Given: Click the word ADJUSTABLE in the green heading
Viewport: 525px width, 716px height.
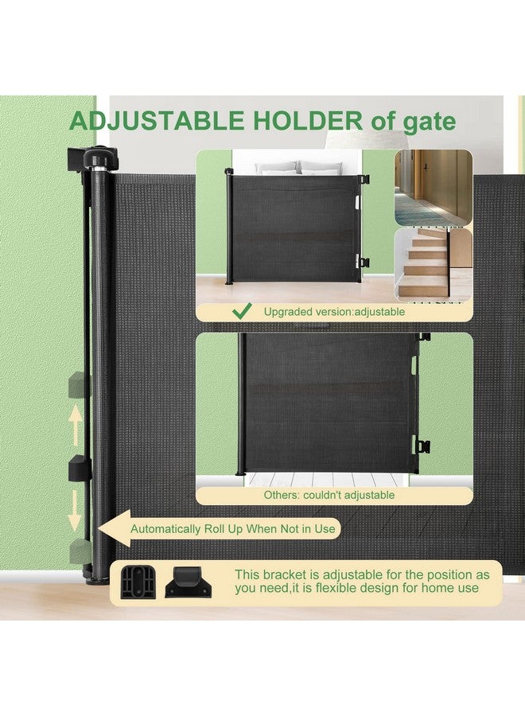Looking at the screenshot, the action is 157,121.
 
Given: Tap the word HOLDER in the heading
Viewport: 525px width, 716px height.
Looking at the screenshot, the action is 307,121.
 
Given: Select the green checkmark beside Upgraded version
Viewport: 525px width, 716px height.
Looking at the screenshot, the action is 242,311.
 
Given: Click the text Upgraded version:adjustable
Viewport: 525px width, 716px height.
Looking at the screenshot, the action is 334,312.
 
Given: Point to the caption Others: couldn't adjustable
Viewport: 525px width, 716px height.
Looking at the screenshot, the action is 329,495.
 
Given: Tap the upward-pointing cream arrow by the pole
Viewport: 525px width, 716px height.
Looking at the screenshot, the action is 76,425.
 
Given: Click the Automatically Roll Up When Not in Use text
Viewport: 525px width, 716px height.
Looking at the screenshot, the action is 233,529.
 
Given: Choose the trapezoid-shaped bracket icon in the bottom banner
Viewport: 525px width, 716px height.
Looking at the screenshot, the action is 188,582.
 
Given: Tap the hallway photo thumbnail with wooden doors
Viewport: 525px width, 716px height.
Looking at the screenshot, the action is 434,187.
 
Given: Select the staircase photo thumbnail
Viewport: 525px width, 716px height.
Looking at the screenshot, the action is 434,265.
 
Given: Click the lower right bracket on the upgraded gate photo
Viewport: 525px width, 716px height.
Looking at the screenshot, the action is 363,262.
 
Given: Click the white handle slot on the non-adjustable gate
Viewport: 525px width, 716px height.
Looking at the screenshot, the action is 414,364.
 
